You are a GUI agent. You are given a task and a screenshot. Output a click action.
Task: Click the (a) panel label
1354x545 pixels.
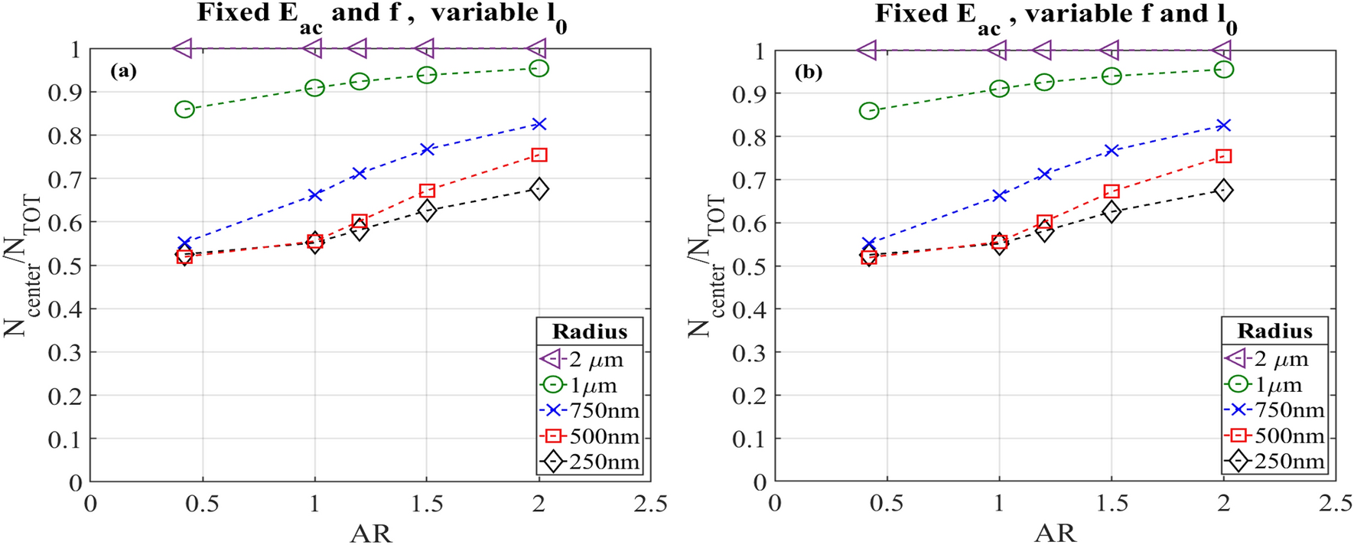coord(123,71)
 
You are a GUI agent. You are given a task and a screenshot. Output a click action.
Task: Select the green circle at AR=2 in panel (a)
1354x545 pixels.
coord(539,68)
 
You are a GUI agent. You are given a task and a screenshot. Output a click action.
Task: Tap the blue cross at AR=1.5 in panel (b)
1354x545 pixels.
coord(1111,151)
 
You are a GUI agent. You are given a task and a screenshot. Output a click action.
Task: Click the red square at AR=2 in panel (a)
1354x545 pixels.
coord(539,155)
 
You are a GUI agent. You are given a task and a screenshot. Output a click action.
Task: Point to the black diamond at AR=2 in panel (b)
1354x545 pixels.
coord(1223,190)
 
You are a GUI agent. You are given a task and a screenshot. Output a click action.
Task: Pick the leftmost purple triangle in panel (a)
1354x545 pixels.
coord(183,48)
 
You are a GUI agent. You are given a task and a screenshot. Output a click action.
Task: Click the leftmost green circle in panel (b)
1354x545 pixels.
coord(868,111)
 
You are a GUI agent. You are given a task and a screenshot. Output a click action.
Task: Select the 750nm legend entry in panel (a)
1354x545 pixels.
coord(589,411)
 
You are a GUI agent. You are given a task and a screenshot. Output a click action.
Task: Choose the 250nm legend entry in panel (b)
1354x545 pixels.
coord(1274,462)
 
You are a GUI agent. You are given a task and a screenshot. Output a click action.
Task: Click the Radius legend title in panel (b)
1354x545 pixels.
coord(1274,331)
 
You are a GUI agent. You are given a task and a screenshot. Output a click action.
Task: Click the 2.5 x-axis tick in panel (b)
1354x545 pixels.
coord(1335,504)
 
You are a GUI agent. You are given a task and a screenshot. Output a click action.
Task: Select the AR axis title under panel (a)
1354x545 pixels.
coord(370,533)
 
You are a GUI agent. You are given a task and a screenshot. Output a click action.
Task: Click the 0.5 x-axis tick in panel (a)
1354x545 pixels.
coord(203,504)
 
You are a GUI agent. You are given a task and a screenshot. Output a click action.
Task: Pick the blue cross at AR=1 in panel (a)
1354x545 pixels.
coord(314,195)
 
